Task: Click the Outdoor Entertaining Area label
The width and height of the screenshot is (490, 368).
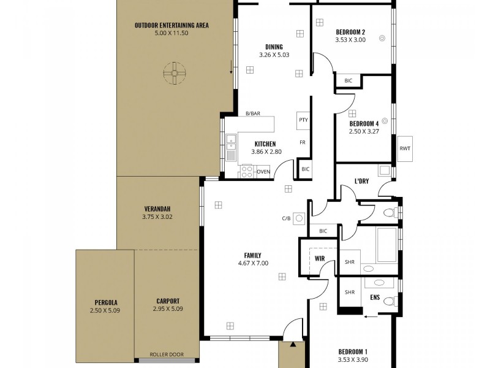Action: [x=172, y=25]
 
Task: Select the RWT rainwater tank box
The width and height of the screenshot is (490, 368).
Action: [x=405, y=148]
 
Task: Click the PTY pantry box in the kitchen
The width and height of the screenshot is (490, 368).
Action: [x=303, y=120]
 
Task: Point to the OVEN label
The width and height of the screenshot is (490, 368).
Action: [x=263, y=172]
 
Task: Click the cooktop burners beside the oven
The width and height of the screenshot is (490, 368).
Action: [x=247, y=171]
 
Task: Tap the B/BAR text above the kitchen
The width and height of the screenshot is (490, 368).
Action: [x=252, y=113]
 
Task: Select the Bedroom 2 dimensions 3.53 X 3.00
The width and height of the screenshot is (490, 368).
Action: [x=350, y=40]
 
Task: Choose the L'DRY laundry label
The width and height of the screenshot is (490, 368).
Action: [x=361, y=181]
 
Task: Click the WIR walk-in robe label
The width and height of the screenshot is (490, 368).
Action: [x=319, y=259]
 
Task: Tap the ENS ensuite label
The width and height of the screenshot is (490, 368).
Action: [x=375, y=297]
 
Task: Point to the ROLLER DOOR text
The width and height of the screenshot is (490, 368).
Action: [x=167, y=355]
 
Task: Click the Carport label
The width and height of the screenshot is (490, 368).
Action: [x=167, y=301]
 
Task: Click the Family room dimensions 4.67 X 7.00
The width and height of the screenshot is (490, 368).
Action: [x=253, y=263]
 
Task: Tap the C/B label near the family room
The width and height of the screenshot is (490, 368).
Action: [x=285, y=218]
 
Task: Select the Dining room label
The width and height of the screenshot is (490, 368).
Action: [x=274, y=47]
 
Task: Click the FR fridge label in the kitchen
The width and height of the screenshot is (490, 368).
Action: [x=302, y=142]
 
